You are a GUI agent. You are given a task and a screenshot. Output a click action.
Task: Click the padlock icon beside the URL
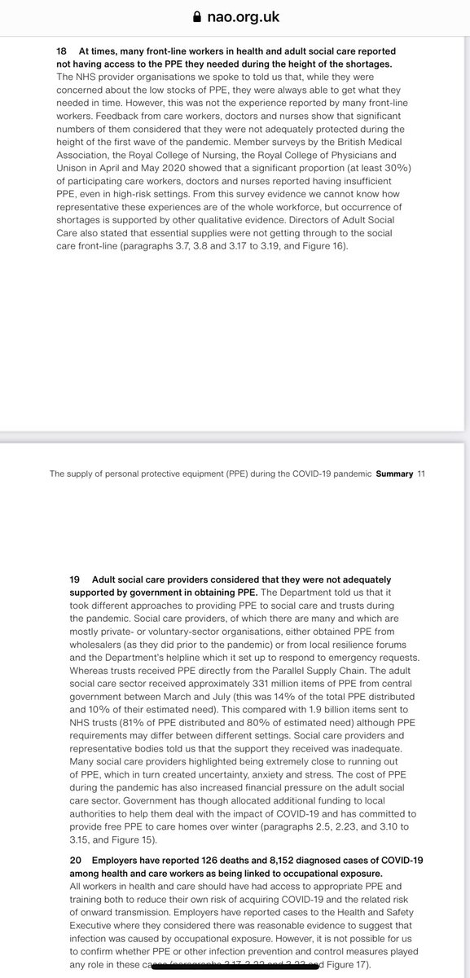(x=195, y=15)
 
